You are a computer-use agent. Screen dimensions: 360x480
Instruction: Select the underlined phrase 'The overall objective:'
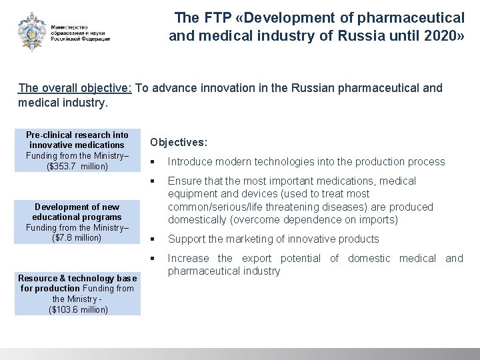[75, 88]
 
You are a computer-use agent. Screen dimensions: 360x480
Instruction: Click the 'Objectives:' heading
[179, 142]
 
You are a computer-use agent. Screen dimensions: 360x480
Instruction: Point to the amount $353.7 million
[77, 166]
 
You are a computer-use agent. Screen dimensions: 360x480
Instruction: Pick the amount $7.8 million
[77, 238]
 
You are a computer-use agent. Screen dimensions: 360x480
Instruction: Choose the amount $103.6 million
[77, 310]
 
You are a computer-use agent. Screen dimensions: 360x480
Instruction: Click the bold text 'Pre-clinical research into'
[77, 135]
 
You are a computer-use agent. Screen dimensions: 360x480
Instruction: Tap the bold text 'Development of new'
[77, 207]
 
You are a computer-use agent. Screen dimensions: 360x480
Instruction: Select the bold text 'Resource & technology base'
[77, 278]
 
